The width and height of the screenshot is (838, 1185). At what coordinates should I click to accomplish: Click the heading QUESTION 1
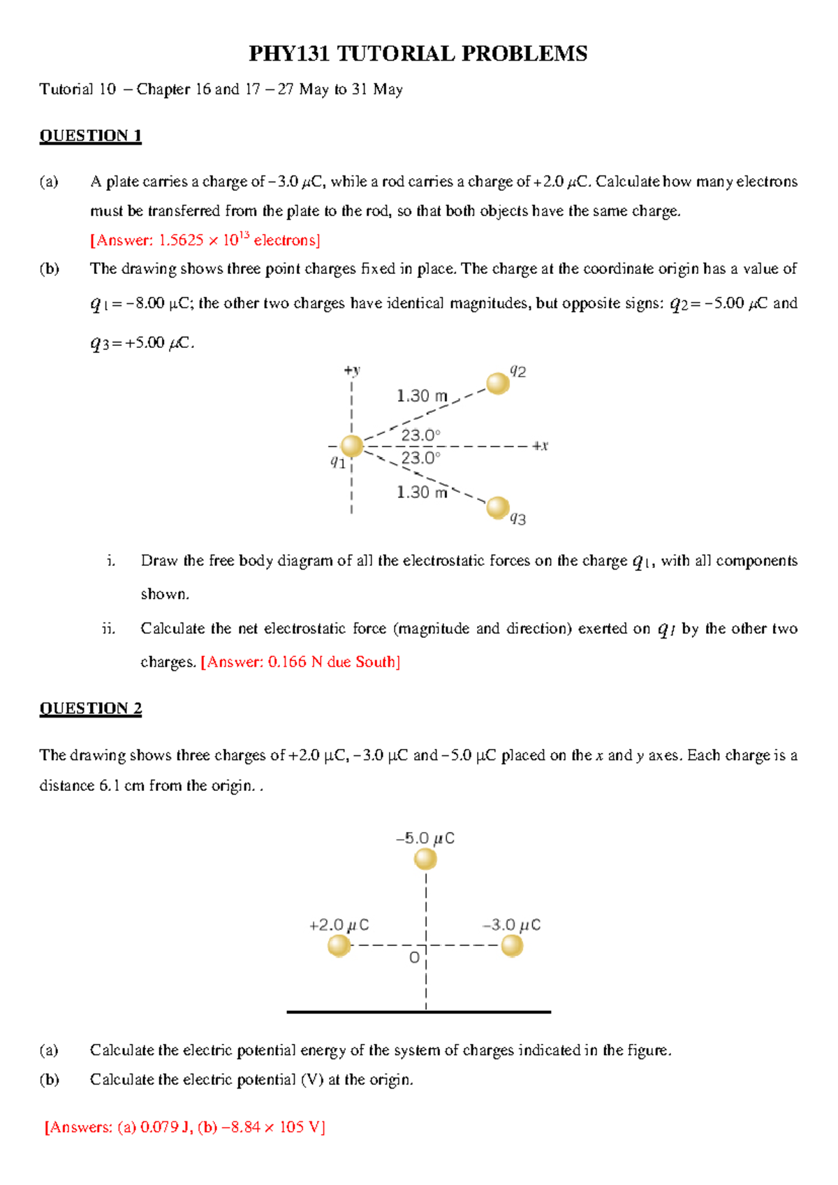90,136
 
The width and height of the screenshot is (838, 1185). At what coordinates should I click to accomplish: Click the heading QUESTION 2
90,708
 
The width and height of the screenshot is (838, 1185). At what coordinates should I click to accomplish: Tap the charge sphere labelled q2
498,384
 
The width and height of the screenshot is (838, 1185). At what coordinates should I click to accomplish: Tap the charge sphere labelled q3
498,507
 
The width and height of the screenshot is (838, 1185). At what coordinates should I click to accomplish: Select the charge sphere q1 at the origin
352,446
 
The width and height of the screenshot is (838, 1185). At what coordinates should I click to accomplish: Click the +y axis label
352,370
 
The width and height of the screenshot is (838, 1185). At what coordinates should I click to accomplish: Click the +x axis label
540,446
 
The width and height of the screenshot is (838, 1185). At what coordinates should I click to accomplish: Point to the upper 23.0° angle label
420,435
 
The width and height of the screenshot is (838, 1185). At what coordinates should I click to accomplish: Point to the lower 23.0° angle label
420,458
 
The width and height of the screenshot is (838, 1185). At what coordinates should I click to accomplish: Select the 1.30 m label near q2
422,396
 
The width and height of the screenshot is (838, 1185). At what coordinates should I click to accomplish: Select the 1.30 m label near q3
422,492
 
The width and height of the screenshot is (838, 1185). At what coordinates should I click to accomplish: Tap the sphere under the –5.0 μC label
425,859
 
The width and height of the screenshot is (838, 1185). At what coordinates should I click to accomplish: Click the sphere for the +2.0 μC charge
339,946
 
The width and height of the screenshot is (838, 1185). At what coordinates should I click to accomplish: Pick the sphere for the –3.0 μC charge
512,946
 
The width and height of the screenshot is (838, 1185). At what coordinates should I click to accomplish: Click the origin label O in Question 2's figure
415,957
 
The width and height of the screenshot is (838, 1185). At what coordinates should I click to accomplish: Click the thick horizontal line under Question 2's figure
419,1012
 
